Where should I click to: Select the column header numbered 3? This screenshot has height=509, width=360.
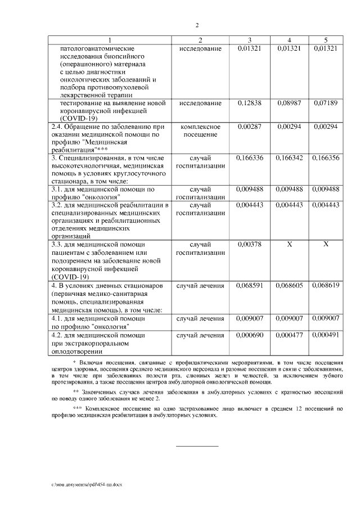[x=250, y=40]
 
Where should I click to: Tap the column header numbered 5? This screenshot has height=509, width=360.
[x=326, y=40]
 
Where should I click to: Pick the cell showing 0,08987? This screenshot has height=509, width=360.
[x=289, y=103]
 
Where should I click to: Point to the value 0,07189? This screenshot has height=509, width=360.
[x=326, y=103]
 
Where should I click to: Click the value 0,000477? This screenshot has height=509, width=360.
[x=289, y=335]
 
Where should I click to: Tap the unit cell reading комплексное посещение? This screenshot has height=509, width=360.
[x=200, y=131]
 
